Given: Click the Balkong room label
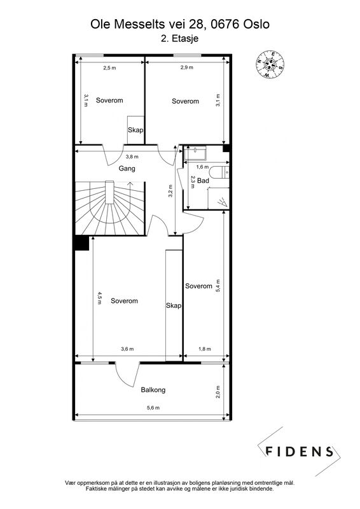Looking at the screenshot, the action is [x=153, y=390].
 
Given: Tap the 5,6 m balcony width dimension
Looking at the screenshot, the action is [x=153, y=408].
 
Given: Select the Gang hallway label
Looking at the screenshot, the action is [x=127, y=169].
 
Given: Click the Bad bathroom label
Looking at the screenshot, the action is [x=203, y=181].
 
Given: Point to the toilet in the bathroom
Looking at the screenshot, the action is [x=221, y=172].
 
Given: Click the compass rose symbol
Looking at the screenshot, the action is [x=270, y=64].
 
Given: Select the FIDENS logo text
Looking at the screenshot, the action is [x=299, y=452].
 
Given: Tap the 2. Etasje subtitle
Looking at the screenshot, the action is [x=179, y=38].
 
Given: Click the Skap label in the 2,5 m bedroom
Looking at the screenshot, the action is [x=135, y=130].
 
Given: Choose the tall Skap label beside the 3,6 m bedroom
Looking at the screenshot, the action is [x=174, y=305].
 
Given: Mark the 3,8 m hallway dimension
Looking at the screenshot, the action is [x=132, y=157].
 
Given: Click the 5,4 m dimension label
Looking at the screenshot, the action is [x=218, y=286].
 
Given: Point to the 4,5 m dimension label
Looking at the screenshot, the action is [x=99, y=298].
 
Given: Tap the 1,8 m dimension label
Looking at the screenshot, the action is [x=205, y=349].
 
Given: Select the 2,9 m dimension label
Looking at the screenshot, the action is [x=186, y=67].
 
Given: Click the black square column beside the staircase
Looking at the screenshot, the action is [x=81, y=243].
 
